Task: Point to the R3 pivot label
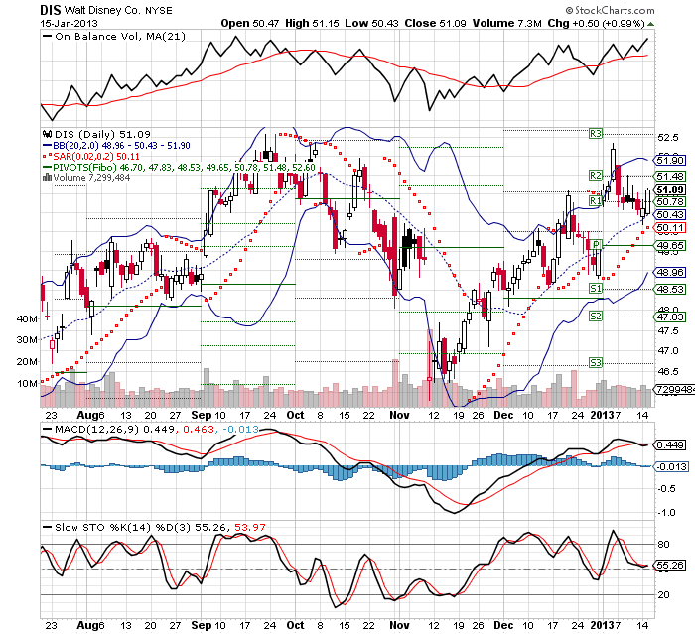click(597, 132)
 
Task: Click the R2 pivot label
click(597, 176)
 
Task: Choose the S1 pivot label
click(597, 288)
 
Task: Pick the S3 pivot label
click(597, 363)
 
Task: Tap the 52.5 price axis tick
click(667, 138)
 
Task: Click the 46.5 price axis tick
click(667, 372)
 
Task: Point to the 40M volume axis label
click(27, 318)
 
